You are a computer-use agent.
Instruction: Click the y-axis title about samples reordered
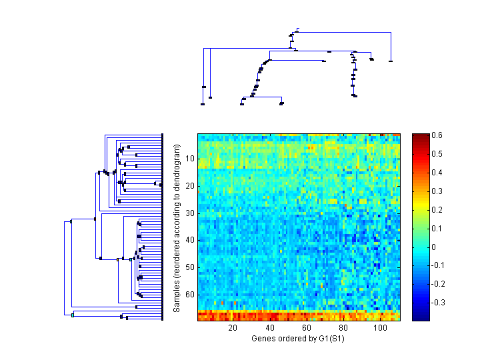coord(177,229)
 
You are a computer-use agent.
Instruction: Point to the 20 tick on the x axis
coord(233,328)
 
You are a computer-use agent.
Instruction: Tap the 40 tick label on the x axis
coord(270,328)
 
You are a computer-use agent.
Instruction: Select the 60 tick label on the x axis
coord(307,328)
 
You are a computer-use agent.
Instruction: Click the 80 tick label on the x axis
coord(343,328)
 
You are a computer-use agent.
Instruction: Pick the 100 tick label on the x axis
coord(380,328)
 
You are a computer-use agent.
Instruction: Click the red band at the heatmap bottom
coord(299,315)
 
